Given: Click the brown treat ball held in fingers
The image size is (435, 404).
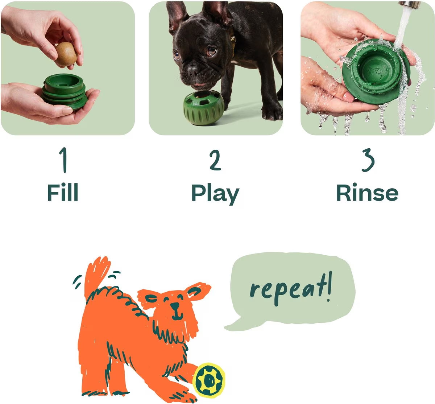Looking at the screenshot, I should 66,55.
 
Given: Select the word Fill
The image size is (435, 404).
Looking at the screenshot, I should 63,193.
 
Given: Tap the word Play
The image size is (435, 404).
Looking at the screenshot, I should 215,194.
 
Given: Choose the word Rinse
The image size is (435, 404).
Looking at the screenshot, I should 367,193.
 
